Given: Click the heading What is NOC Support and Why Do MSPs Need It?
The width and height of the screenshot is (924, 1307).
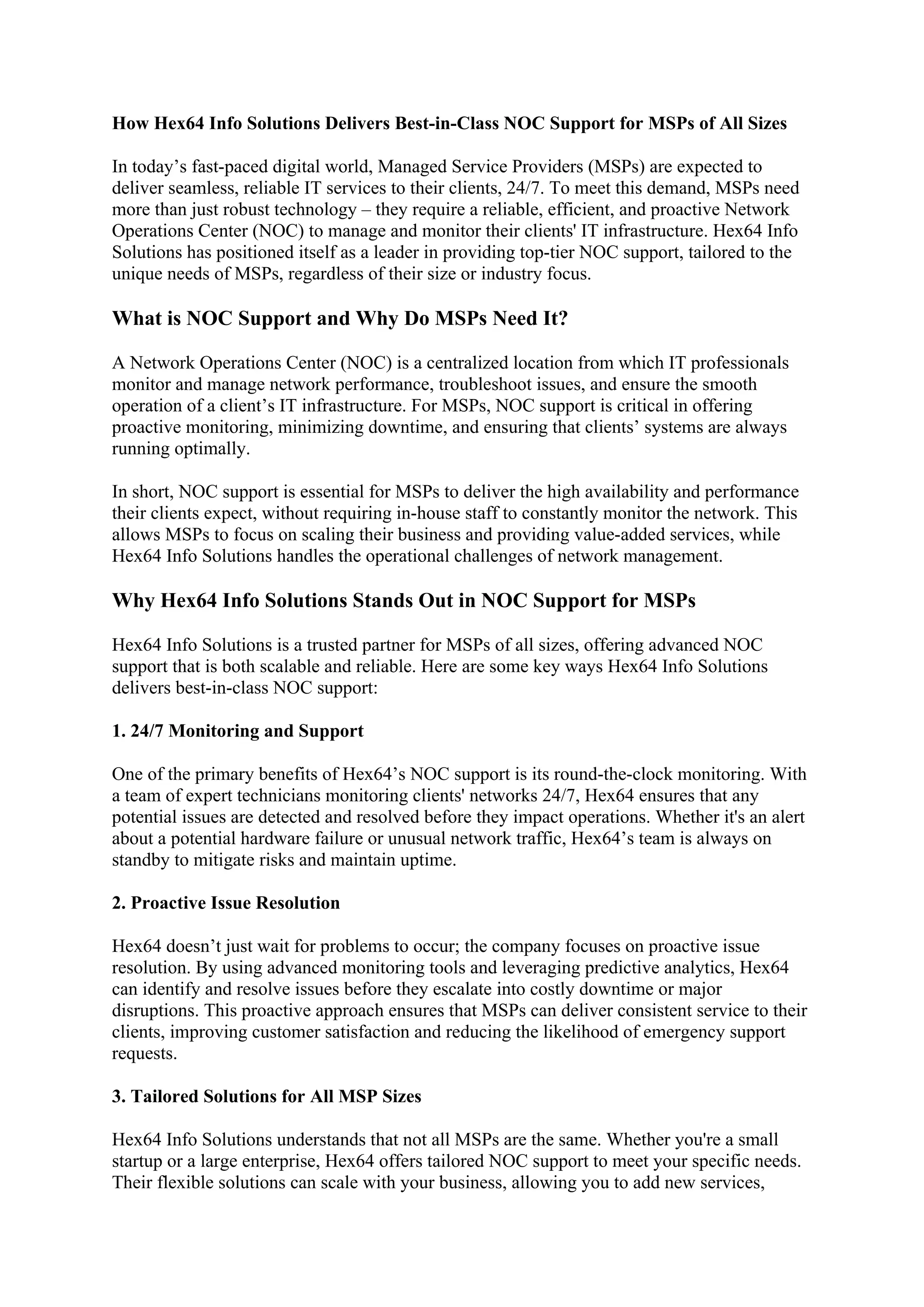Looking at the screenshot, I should (340, 318).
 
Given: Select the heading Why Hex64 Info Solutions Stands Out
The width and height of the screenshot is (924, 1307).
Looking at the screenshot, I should (403, 601).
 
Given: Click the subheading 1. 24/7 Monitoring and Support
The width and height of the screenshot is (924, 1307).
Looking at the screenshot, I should (238, 731).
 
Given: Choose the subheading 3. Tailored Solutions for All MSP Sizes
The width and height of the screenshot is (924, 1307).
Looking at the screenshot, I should (266, 1097).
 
